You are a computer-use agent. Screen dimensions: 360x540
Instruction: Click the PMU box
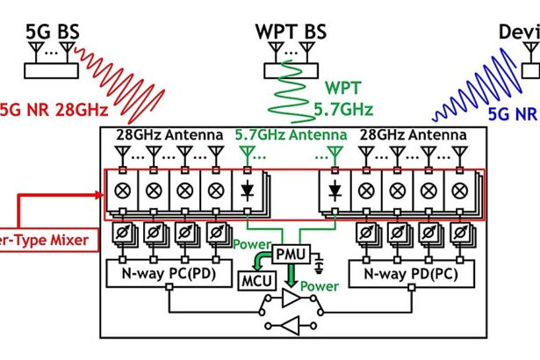pos(289,255)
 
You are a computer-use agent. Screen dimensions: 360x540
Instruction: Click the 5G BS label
pos(54,32)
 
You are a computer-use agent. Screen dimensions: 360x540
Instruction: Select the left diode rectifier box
pos(247,190)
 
